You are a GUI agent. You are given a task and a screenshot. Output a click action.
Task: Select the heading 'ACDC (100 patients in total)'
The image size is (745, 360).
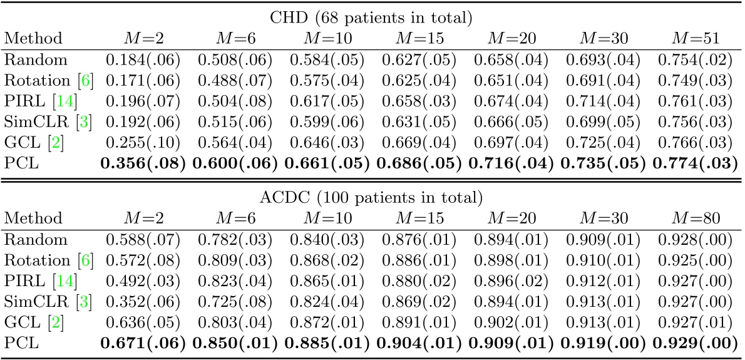coord(372,198)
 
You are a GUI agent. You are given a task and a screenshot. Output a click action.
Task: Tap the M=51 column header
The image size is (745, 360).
coord(694,38)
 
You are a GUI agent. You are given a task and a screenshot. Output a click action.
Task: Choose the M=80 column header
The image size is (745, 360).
coord(694,218)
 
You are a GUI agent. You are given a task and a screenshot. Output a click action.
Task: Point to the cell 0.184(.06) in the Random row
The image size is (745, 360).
coord(143,61)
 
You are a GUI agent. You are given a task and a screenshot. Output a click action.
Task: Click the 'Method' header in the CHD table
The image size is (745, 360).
coord(33,38)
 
